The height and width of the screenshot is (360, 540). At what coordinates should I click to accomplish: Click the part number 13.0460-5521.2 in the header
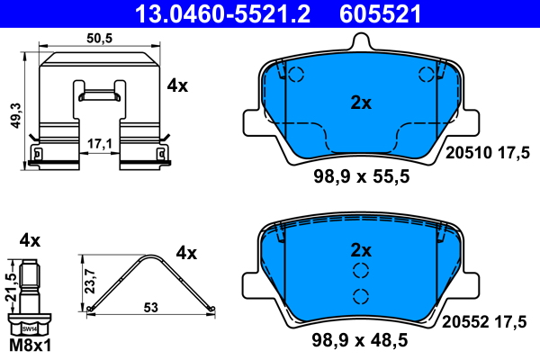coord(222,13)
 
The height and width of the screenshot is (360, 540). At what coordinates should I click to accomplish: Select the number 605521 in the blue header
coord(380,13)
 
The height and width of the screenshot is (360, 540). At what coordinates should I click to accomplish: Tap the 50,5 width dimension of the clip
coord(100,38)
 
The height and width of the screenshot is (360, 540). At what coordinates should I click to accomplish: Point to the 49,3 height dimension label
coord(16,116)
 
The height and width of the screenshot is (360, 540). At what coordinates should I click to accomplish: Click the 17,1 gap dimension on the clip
coord(100,144)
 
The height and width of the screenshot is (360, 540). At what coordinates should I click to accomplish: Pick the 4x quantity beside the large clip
coord(177,85)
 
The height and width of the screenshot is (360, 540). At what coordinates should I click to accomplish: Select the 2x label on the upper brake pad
coord(361,103)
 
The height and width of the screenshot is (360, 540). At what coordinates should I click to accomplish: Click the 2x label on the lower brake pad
coord(361,250)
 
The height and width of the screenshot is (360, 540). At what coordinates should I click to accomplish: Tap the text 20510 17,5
coord(487,153)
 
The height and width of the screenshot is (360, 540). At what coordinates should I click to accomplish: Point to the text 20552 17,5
coord(484,322)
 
